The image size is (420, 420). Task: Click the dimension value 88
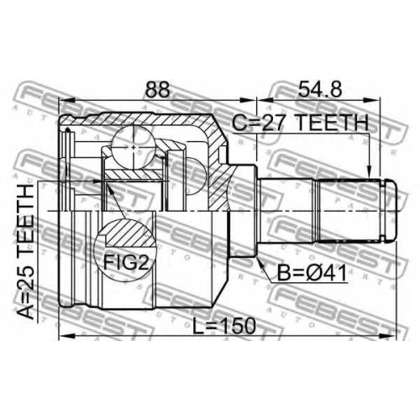click(157, 90)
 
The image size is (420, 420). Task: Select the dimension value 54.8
click(320, 90)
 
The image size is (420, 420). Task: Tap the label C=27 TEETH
click(300, 123)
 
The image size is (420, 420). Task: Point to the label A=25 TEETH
click(27, 252)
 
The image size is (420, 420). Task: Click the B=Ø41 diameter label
click(312, 272)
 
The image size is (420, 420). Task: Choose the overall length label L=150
click(224, 326)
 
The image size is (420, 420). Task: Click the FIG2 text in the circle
click(126, 262)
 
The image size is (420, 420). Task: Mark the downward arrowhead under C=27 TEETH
click(370, 173)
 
